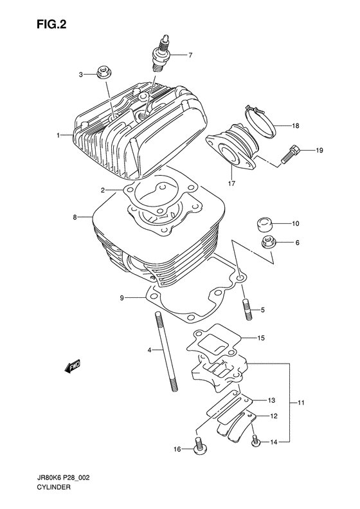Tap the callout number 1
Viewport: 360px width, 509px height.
pos(58,136)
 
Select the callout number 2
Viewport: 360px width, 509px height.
pos(102,190)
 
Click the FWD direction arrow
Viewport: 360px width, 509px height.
pos(71,366)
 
